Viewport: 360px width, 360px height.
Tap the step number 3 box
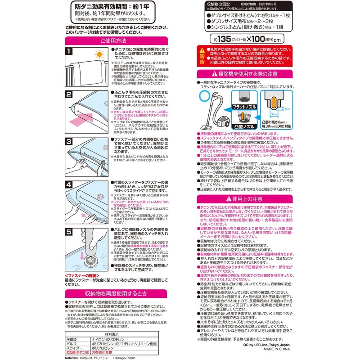[69, 142]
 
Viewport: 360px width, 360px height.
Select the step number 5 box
[69, 232]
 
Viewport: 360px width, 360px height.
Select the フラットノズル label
[243, 107]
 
